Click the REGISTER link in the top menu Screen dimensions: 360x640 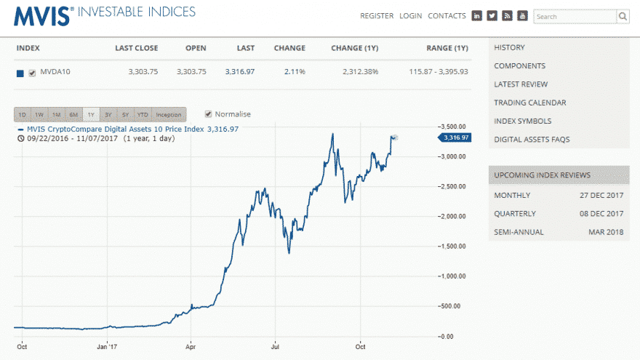(377, 16)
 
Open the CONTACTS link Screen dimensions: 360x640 (447, 16)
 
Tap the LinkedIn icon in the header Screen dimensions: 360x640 (477, 16)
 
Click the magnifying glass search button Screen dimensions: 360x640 (623, 16)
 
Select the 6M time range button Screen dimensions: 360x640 (73, 115)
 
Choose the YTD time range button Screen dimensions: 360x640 (143, 115)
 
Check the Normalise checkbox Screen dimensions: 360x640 (209, 114)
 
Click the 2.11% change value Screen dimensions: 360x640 (295, 72)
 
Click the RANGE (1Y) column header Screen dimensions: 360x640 (447, 48)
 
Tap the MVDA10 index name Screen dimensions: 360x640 (55, 72)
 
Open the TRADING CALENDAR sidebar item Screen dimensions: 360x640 (529, 103)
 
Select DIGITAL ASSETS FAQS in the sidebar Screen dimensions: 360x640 (532, 139)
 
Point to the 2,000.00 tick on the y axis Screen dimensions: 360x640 (453, 217)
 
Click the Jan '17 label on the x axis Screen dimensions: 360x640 (107, 346)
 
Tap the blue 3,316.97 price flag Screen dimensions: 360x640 (455, 137)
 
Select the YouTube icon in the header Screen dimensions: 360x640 (522, 16)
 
